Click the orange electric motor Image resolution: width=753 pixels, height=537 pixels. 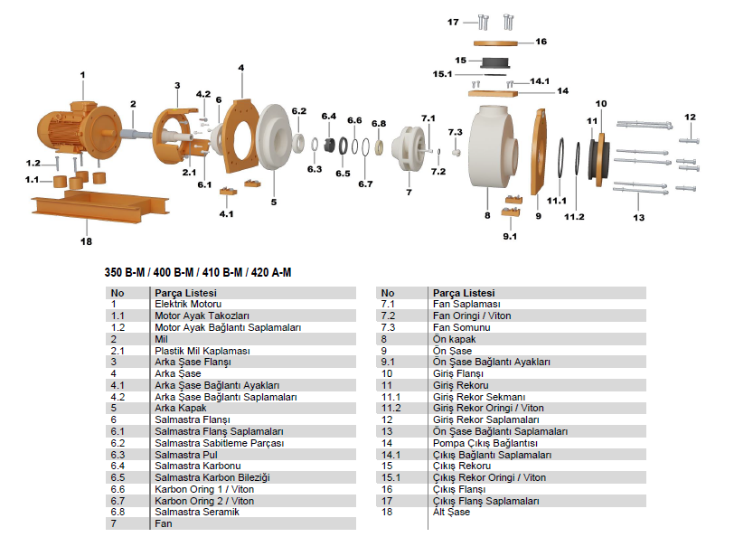pyautogui.click(x=80, y=129)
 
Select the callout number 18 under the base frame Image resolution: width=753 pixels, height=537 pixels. pyautogui.click(x=87, y=241)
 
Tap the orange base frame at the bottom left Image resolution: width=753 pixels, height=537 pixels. pyautogui.click(x=99, y=205)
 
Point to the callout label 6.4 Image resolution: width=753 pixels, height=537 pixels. pyautogui.click(x=329, y=117)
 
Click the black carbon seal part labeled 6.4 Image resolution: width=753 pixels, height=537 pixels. pyautogui.click(x=329, y=145)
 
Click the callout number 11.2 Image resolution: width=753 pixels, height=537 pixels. pyautogui.click(x=574, y=217)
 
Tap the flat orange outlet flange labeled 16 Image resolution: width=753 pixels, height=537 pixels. pyautogui.click(x=495, y=43)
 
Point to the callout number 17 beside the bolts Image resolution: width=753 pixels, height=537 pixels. pyautogui.click(x=453, y=22)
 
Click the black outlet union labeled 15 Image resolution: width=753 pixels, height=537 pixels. pyautogui.click(x=495, y=63)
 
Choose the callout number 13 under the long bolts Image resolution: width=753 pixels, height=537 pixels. pyautogui.click(x=639, y=218)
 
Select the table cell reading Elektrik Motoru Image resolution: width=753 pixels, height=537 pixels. pyautogui.click(x=188, y=304)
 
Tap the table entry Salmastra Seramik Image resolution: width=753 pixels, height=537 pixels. pyautogui.click(x=197, y=512)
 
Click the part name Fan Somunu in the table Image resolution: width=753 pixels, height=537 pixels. pyautogui.click(x=462, y=327)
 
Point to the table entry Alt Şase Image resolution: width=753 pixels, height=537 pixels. pyautogui.click(x=451, y=512)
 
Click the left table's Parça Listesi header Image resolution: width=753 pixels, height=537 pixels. pyautogui.click(x=185, y=293)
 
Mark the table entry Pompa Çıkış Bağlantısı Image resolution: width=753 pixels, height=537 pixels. pyautogui.click(x=485, y=443)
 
